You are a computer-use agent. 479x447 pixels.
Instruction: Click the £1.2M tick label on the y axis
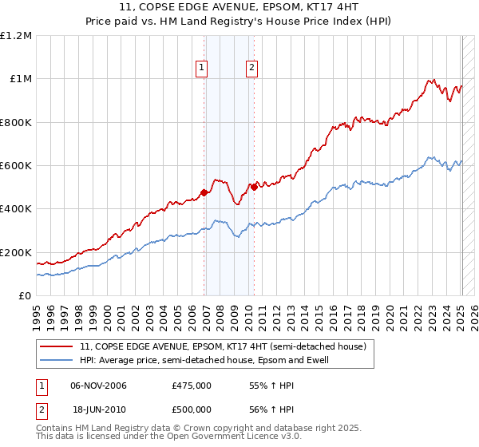17,35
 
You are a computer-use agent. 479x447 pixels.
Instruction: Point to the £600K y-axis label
15,166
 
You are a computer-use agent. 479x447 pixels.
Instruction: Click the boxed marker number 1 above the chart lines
201,69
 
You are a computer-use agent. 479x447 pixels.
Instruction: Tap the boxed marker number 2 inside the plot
251,69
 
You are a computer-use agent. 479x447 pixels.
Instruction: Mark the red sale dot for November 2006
204,192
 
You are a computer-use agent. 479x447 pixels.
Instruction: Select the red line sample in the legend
56,346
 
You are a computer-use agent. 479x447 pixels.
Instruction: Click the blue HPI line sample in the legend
56,360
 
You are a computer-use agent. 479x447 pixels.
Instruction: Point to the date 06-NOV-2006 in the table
99,386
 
